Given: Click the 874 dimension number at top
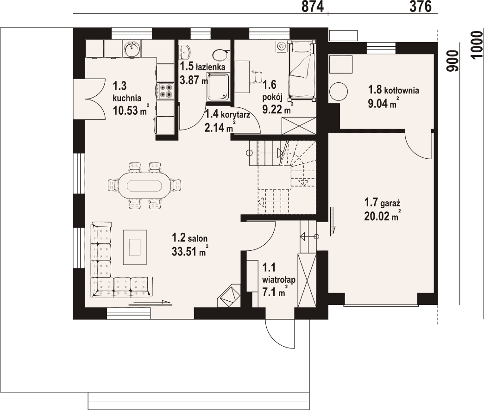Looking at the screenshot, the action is (x=313, y=6).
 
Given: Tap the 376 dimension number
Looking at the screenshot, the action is (x=421, y=6).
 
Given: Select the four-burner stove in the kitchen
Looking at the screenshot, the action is (x=165, y=91).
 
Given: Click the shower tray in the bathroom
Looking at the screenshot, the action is (x=219, y=87).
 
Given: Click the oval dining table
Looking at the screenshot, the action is (x=145, y=186).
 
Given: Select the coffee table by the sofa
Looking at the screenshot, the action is (x=135, y=247).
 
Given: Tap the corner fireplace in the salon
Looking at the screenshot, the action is (x=229, y=296).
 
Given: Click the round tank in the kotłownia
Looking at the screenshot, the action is (x=338, y=91).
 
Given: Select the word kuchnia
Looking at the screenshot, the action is (x=127, y=99).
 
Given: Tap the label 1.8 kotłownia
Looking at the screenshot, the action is (x=394, y=90).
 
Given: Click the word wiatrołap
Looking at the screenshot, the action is (x=279, y=280).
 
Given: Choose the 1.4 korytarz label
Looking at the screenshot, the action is (x=228, y=114).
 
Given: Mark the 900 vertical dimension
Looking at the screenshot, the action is (x=453, y=61).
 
